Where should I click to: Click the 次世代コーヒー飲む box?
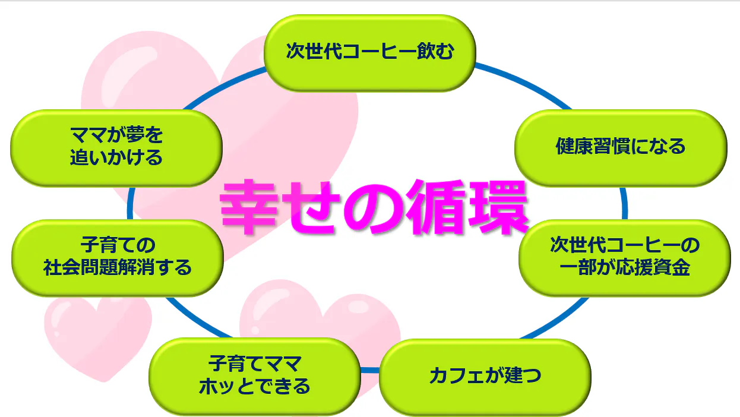pos(369,53)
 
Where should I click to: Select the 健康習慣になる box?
pos(621,148)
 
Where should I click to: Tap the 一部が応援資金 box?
pos(625,258)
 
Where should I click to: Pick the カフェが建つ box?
pos(485,377)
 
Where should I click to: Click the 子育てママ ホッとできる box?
pos(255,377)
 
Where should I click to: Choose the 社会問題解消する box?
pos(118,258)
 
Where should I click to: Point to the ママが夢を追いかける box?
pos(116,148)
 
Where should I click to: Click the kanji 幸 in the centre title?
pos(248,207)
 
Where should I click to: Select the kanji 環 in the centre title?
pos(498,207)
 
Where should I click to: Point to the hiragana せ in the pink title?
pos(311,208)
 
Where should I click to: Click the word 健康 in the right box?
pos(574,146)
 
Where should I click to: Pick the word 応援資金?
pos(652,267)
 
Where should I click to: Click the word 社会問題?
pos(80,267)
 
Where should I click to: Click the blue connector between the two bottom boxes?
pos(370,370)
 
